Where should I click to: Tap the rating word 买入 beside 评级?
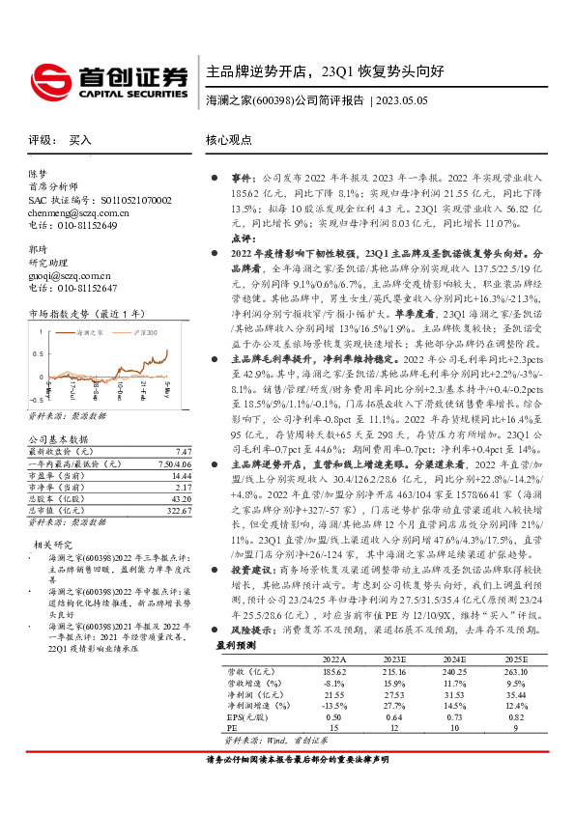(80, 140)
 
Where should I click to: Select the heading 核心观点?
(229, 140)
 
